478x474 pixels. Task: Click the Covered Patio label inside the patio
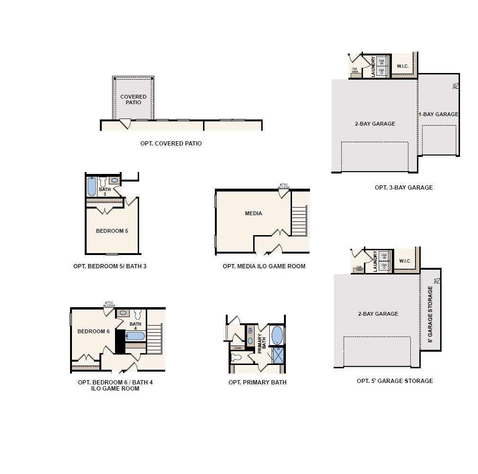click(x=133, y=100)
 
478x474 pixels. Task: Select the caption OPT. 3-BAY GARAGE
click(x=403, y=187)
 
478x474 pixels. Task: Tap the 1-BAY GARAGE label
click(x=439, y=114)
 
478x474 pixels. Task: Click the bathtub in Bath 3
click(x=92, y=186)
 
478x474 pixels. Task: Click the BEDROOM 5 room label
click(x=112, y=231)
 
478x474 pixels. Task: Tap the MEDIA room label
click(x=253, y=213)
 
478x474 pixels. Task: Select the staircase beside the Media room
click(x=299, y=220)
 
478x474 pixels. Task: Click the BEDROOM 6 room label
click(x=93, y=331)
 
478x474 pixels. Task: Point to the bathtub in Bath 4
click(x=135, y=336)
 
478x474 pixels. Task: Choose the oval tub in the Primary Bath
click(x=277, y=335)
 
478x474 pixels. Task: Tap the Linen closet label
click(x=238, y=348)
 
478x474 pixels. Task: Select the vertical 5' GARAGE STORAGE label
click(x=430, y=314)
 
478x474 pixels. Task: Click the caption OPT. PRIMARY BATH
click(x=257, y=383)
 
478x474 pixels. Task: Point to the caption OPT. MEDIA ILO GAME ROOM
click(x=264, y=266)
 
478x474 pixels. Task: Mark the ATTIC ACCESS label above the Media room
click(x=283, y=186)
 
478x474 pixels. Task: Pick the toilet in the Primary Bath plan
click(x=236, y=357)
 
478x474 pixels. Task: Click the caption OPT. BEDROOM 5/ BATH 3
click(x=110, y=266)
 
